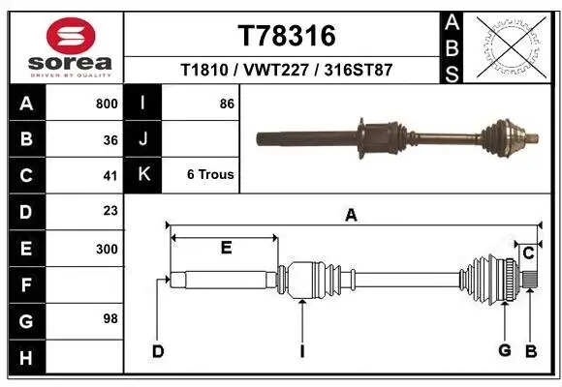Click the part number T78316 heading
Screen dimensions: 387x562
[x=286, y=37]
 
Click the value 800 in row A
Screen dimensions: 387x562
[x=107, y=104]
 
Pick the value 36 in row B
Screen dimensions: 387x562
[x=110, y=139]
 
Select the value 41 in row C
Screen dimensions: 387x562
[x=110, y=176]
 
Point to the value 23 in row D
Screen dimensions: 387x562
[x=110, y=211]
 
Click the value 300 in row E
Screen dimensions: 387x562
[x=107, y=249]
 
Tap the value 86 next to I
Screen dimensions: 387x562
[x=227, y=104]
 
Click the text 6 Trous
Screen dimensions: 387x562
[x=209, y=175]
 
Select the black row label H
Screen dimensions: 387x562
[x=26, y=358]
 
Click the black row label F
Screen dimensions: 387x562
[x=26, y=285]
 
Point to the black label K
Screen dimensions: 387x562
[x=143, y=175]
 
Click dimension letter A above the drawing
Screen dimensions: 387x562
[x=351, y=217]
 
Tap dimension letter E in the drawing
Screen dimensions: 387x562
[x=225, y=249]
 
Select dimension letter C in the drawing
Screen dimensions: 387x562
[x=528, y=253]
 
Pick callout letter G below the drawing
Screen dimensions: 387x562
[x=504, y=350]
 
